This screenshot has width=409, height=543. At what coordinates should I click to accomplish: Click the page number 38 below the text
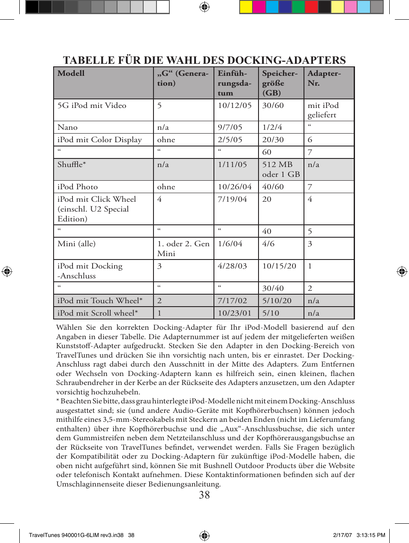204,495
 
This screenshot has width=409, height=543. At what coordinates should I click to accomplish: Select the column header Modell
71,73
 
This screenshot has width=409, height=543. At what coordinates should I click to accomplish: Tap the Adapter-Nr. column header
324,78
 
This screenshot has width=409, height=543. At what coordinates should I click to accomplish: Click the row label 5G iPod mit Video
92,105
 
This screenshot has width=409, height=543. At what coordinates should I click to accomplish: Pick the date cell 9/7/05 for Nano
230,127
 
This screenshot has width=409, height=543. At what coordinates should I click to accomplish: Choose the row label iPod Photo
78,187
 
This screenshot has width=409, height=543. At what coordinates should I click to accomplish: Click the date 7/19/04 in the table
232,199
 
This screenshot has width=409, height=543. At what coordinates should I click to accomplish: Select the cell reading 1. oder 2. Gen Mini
183,248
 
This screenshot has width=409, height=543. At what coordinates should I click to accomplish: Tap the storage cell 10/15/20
279,266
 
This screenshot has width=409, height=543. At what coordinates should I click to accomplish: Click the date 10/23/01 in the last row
235,313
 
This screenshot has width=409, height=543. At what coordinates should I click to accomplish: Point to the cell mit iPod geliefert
323,110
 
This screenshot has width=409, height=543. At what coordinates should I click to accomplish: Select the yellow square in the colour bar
246,7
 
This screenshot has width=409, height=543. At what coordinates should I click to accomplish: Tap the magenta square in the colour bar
259,7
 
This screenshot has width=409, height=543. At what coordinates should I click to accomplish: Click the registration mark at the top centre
204,7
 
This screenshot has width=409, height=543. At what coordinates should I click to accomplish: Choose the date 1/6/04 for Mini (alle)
230,244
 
